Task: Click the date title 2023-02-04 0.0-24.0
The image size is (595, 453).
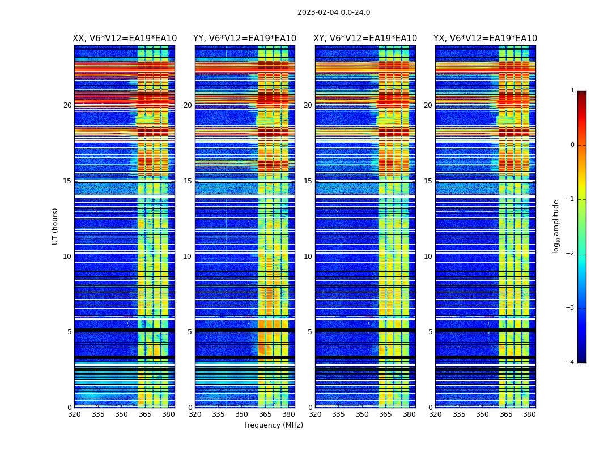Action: point(334,12)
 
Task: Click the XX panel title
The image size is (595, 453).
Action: point(125,39)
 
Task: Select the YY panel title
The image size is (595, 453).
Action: point(245,39)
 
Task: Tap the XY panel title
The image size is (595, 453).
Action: point(365,39)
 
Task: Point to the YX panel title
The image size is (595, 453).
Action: point(486,39)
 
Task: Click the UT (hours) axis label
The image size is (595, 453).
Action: point(56,226)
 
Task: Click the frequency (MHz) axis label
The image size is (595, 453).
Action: point(274,425)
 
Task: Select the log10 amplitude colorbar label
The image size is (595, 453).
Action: point(556,226)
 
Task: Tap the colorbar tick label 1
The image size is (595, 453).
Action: point(572,91)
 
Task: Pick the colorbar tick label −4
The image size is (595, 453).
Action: point(571,362)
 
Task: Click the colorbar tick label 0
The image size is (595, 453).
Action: point(572,145)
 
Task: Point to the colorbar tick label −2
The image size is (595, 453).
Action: point(571,254)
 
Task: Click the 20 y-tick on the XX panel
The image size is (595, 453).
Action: point(67,105)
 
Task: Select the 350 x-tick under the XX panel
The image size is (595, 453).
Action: point(121,414)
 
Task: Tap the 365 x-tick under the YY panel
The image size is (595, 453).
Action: point(265,414)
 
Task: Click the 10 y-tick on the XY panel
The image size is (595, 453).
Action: point(308,257)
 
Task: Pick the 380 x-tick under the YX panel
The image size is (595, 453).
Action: point(529,414)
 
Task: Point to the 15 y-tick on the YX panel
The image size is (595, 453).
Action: point(428,181)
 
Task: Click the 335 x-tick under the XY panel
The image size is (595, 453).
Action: point(339,414)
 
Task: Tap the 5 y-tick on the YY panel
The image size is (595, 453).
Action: point(190,332)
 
